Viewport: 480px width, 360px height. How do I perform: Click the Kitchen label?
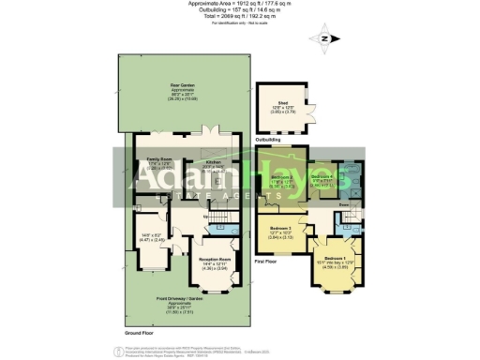213,161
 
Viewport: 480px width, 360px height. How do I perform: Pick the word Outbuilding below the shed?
268,139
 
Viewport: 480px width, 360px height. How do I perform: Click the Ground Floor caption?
138,332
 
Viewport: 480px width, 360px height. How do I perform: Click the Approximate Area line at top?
240,4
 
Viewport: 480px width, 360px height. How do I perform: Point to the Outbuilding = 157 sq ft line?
240,9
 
